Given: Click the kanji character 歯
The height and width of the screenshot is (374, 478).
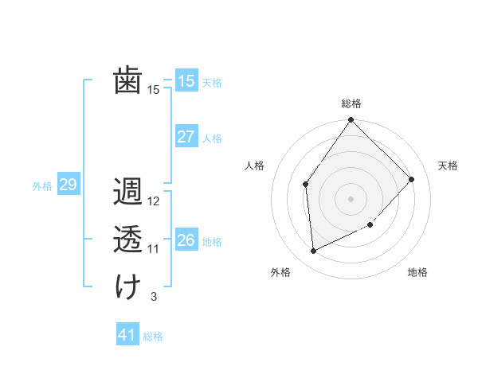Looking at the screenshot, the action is pos(127,80).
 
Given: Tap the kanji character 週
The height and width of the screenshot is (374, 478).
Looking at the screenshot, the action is pos(127,193).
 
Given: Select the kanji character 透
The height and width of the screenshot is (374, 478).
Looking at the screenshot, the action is pos(127,240).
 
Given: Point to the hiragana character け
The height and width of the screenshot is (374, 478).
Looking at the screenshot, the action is pos(127,287).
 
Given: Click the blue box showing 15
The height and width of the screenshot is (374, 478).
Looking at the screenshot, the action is pos(186,81).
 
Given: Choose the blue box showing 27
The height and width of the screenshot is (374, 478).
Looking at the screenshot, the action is pos(186,137).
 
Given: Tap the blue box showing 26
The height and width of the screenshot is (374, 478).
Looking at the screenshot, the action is pos(186,240).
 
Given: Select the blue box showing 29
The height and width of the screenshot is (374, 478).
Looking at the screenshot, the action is pos(68,185).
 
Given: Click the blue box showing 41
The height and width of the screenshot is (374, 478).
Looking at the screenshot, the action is pos(127,335).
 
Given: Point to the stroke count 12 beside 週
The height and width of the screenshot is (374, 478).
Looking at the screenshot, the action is pos(154,201).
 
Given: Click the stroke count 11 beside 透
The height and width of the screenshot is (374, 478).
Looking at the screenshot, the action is pos(154,249).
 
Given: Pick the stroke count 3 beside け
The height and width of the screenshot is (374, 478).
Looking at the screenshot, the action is pos(153,297).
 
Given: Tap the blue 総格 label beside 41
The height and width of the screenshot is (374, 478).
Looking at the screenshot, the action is pos(153,337).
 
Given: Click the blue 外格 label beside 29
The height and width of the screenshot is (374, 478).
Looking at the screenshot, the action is pos(42,186).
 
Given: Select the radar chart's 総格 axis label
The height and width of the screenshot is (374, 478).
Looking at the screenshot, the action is pos(351,103).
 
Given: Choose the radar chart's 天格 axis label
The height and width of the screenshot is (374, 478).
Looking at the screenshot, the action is pos(448,166).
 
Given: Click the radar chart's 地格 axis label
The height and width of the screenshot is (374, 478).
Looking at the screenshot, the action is pos(417,272).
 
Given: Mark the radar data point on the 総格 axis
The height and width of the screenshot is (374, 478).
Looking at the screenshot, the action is pos(351,120).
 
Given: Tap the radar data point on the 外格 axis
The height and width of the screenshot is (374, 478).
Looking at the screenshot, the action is pos(314,251).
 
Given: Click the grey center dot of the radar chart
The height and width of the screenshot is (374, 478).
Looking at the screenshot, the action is pos(351,198).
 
